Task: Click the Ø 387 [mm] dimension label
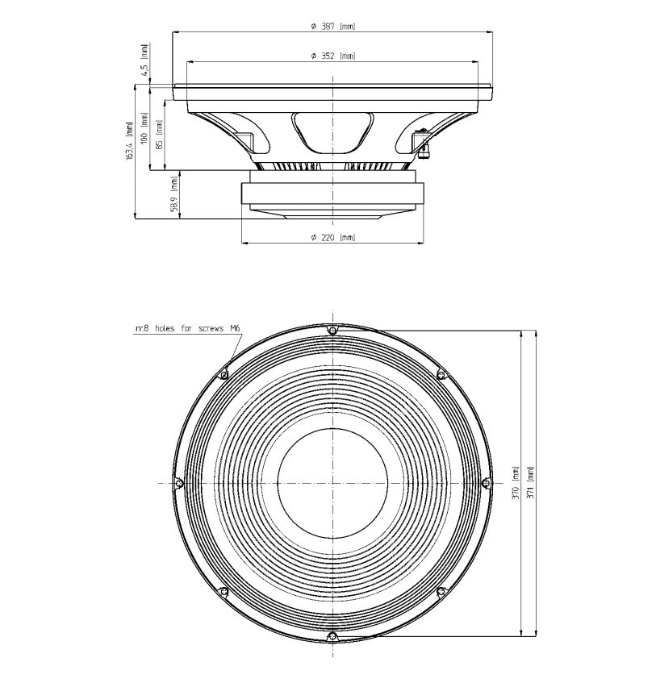click(332, 27)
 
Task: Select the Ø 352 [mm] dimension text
click(332, 56)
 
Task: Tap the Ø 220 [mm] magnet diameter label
click(332, 237)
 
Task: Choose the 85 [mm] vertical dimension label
click(160, 135)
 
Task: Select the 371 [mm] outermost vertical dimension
click(529, 482)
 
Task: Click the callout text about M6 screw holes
click(189, 328)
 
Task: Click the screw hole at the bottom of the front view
click(332, 636)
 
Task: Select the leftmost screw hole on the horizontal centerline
click(179, 483)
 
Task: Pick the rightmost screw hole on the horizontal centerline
click(486, 483)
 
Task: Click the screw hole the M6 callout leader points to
click(224, 374)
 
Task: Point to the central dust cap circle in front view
click(332, 483)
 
